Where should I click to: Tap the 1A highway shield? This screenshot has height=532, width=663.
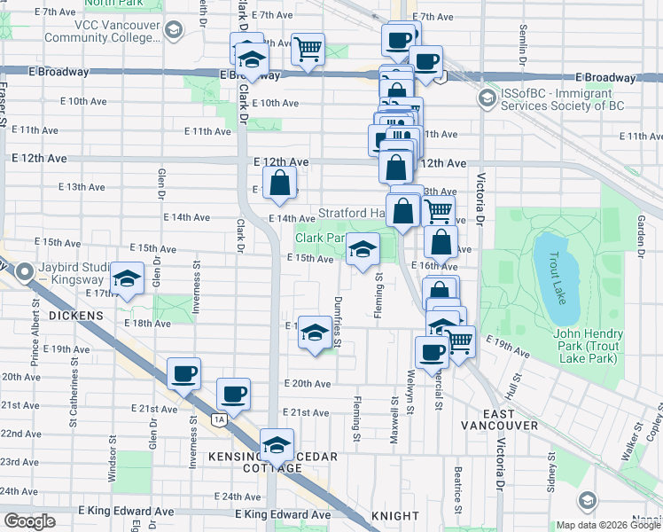pos(219,419)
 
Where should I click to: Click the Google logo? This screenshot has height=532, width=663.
pos(29,521)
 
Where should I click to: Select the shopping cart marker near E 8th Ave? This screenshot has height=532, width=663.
pos(308,49)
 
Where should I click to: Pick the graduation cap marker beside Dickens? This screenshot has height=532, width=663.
pos(127,278)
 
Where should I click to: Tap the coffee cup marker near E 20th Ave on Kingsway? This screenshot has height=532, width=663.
pos(183,373)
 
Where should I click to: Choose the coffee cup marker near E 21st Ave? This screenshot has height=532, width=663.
pos(234,393)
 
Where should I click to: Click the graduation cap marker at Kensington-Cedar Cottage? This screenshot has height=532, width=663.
pos(277,444)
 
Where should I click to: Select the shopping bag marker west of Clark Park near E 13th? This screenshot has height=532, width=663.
pos(280,185)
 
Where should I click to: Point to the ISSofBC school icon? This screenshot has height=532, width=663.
pos(486,97)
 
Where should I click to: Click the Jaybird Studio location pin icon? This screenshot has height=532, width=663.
pos(25,271)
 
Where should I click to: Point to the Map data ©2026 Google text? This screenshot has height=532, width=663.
pos(608,525)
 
